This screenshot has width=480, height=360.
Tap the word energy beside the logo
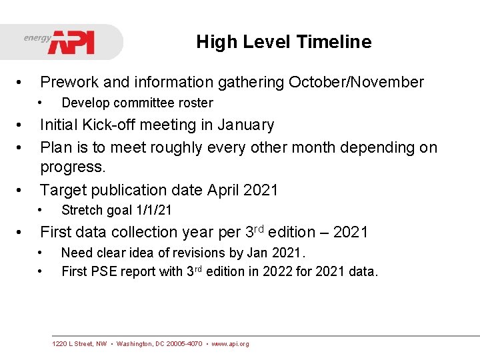click(37, 38)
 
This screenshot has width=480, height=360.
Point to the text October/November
click(356, 83)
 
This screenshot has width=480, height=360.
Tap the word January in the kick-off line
click(244, 125)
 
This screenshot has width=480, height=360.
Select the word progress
click(73, 167)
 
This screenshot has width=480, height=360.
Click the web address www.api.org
click(230, 344)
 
